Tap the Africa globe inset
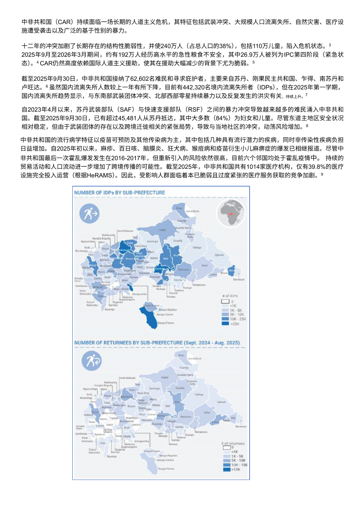click(x=229, y=213)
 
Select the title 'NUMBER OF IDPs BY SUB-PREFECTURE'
click(x=119, y=192)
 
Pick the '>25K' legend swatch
click(x=225, y=324)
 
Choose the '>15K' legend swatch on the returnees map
click(x=227, y=470)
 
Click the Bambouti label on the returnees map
click(x=241, y=426)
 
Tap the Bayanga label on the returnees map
click(x=111, y=456)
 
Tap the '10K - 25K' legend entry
click(x=238, y=319)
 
